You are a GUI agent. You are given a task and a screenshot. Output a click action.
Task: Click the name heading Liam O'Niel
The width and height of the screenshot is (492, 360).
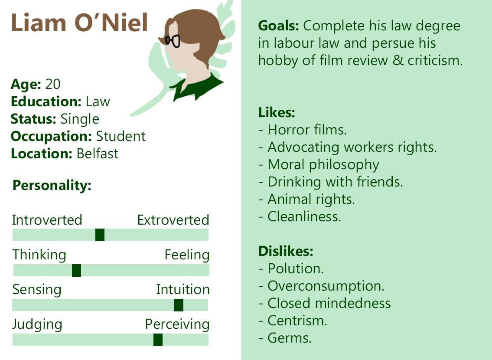[x=79, y=23]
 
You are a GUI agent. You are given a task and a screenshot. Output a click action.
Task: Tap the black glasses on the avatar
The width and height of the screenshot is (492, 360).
[x=172, y=41]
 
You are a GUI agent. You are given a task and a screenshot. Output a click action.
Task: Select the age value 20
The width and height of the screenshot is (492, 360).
[x=53, y=84]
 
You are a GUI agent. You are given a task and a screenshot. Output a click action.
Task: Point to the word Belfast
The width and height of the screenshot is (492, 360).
[x=97, y=154]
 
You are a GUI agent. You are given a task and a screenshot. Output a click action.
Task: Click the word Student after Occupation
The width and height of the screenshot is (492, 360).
[x=121, y=137]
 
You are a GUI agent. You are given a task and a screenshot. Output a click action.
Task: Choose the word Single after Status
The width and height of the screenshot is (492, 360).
[x=80, y=119]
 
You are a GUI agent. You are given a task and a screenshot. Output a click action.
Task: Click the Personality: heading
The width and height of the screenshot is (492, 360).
[x=52, y=186]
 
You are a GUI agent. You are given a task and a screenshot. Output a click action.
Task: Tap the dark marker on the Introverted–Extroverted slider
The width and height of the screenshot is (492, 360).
[x=100, y=235]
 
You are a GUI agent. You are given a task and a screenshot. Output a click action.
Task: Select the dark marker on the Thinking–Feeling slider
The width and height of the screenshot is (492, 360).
[x=77, y=270]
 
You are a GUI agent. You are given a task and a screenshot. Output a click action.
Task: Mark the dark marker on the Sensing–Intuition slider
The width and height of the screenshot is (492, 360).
[x=179, y=305]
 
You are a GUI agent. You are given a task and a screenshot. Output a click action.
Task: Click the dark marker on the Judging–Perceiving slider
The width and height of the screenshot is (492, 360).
[x=158, y=340]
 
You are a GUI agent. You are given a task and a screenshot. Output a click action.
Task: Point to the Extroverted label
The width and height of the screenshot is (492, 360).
[x=173, y=220]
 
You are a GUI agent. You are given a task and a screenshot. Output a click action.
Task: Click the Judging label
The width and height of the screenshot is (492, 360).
[x=37, y=325]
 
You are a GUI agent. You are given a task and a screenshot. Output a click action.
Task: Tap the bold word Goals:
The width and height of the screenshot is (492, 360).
[x=279, y=26]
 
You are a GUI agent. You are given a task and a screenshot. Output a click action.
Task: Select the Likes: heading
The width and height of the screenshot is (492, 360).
[x=277, y=112]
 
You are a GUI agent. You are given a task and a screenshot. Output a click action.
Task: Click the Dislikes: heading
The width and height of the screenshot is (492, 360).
[x=286, y=251]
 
